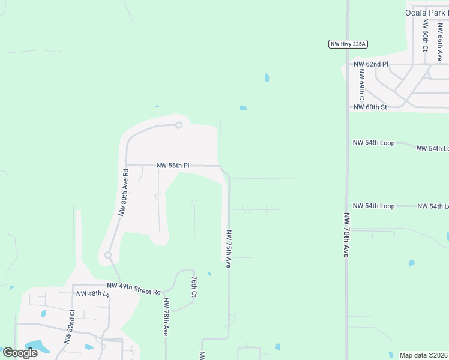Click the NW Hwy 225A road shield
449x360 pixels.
coord(348,44)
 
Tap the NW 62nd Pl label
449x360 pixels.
coord(371,64)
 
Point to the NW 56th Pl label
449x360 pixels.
coord(173,165)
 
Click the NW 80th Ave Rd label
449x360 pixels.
coord(124,192)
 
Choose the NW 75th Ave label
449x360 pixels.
coord(228,248)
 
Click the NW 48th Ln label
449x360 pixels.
coord(93,294)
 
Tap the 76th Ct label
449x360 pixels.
coord(194,287)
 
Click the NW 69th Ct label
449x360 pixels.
coord(362,85)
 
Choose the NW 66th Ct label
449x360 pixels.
coord(424,34)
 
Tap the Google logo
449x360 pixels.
coord(20,353)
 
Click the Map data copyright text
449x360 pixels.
coord(424,355)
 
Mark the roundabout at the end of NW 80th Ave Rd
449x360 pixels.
coord(108,255)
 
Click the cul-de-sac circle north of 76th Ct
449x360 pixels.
coord(194,203)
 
